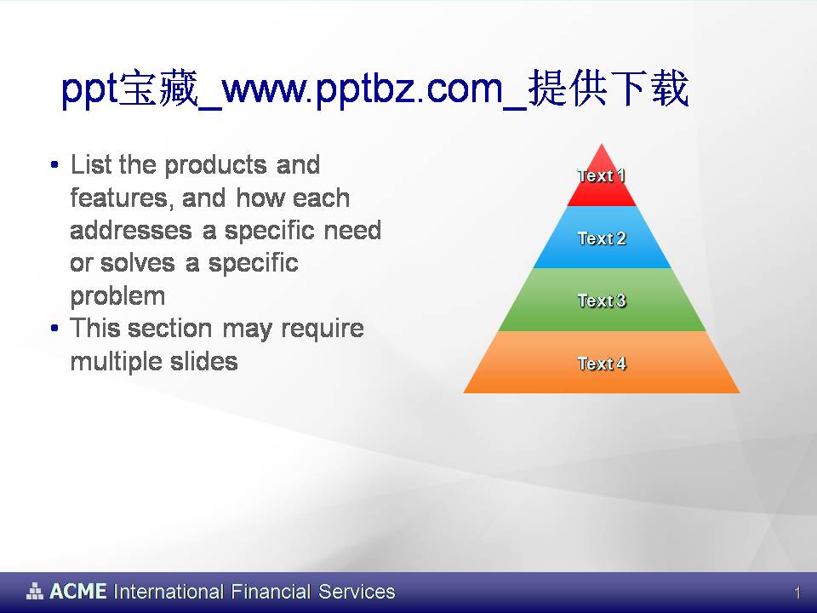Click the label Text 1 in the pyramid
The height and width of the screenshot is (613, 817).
coord(602,176)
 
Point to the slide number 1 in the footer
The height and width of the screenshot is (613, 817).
coord(797,593)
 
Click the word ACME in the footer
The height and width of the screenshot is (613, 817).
coord(77,592)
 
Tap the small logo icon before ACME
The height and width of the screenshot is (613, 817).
coord(35,591)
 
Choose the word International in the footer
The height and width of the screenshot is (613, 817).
coord(169,592)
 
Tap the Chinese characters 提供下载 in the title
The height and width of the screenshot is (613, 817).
coord(608,90)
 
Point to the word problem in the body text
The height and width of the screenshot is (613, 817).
coord(117,296)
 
